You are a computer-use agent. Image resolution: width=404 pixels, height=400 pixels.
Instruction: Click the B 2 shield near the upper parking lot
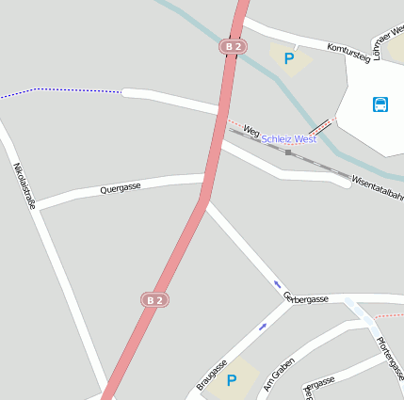pos(233,46)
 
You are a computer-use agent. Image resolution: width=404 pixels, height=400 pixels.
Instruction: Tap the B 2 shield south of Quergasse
pos(154,299)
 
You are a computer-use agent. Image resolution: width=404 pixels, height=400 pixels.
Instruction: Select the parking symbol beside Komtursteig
pos(288,58)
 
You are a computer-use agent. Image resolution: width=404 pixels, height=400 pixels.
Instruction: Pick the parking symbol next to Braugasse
pos(231,380)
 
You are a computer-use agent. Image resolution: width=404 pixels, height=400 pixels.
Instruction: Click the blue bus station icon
pos(380,104)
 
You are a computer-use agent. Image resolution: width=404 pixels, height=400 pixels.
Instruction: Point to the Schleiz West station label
pos(288,139)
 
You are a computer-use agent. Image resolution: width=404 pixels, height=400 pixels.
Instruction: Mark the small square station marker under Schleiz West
pos(288,152)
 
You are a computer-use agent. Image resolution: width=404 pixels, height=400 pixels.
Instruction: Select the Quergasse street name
pos(120,188)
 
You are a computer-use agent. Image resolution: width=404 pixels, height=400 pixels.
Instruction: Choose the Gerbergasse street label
pos(306,298)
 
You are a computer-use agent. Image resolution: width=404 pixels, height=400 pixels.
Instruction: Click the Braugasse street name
pos(212,374)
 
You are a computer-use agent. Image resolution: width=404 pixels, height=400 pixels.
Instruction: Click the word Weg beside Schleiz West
pos(250,130)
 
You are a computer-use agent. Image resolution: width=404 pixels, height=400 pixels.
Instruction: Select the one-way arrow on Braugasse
pos(263,326)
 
